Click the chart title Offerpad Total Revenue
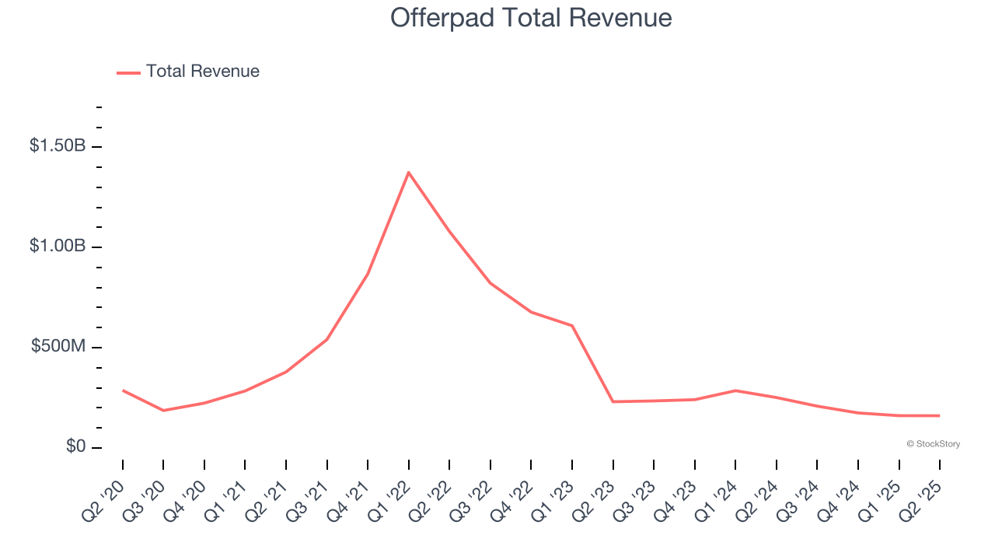coord(531,18)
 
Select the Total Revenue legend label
coord(202,72)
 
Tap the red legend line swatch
coord(128,72)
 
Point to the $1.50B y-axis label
coord(58,145)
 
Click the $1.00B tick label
coord(58,246)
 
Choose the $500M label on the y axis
coord(58,346)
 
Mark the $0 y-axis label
coord(75,446)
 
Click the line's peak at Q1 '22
coord(409,172)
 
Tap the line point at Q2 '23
coord(613,401)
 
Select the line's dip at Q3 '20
coord(163,410)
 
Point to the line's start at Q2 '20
coord(123,390)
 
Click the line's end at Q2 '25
coord(939,415)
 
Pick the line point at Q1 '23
coord(572,326)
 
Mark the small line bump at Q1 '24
coord(735,390)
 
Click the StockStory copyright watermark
coord(933,444)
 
